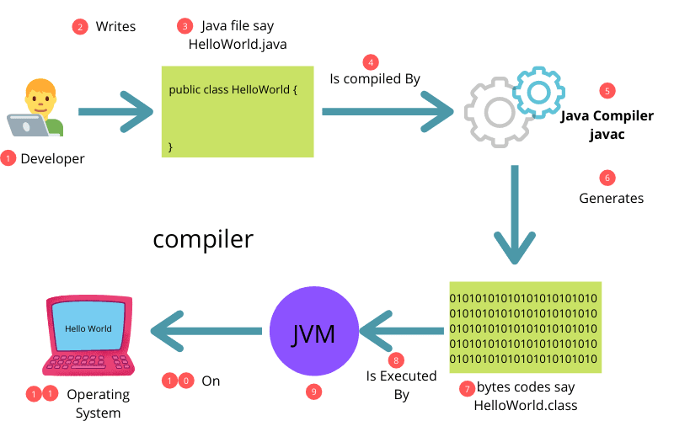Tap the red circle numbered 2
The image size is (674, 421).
[80, 26]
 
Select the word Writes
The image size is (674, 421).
[115, 27]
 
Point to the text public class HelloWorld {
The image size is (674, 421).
[233, 88]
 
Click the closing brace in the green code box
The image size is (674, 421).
[171, 147]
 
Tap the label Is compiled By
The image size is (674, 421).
[374, 78]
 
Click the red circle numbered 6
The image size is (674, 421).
[607, 178]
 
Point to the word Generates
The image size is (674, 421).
[611, 199]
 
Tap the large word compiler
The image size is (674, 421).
[202, 239]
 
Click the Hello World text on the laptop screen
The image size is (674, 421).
[88, 328]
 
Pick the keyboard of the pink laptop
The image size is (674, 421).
[88, 363]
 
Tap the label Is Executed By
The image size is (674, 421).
[400, 385]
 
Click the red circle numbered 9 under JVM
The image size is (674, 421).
[314, 392]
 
